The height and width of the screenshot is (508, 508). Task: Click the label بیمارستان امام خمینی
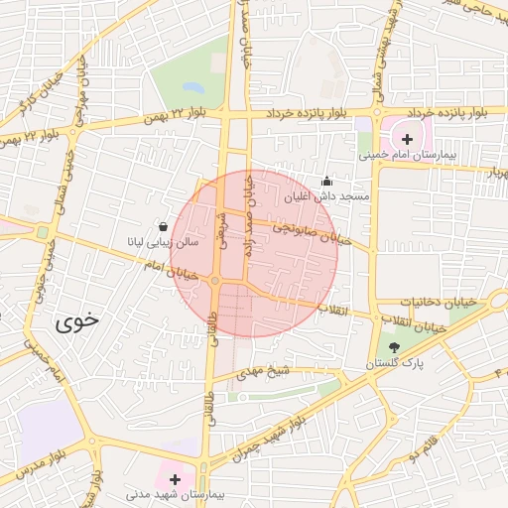[406, 156]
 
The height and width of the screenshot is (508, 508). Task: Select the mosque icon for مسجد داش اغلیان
[327, 182]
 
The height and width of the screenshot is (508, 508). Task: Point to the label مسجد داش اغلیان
[326, 196]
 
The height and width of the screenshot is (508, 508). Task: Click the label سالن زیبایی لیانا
[162, 241]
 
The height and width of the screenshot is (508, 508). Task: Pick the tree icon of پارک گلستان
[396, 347]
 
